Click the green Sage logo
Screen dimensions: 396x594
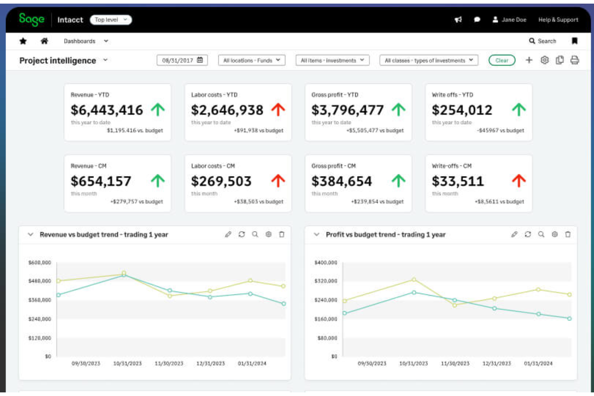(x=32, y=19)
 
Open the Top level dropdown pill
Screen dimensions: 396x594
(x=111, y=20)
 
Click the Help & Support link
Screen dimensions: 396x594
(x=558, y=20)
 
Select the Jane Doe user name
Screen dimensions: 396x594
(x=513, y=20)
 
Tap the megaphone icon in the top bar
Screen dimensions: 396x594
(x=458, y=20)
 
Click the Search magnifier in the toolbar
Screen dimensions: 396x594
(x=532, y=41)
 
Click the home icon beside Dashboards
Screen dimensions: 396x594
(x=45, y=41)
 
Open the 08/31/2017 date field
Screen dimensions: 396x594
(x=182, y=60)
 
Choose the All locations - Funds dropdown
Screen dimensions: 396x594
(x=252, y=60)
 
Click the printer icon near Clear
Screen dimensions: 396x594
(x=575, y=60)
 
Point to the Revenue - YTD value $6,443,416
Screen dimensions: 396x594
(x=107, y=110)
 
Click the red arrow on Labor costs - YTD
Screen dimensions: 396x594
(x=278, y=110)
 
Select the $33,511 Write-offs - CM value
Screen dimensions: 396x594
(x=458, y=181)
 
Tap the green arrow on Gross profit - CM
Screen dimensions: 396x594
(x=398, y=181)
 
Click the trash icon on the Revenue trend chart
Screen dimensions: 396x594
(x=282, y=234)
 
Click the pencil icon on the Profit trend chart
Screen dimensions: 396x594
(x=514, y=234)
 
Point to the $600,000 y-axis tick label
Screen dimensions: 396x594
(x=40, y=262)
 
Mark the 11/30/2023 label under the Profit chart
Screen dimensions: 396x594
(x=455, y=364)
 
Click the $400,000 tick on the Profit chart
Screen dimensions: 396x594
(x=326, y=262)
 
